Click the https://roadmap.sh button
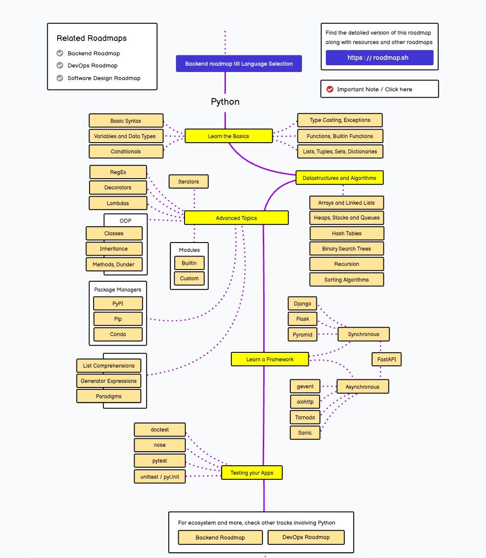(x=379, y=58)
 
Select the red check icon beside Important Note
(x=330, y=89)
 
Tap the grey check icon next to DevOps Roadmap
(x=60, y=65)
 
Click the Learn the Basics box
(x=229, y=136)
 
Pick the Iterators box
(x=189, y=181)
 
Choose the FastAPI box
(x=387, y=359)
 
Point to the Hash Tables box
(x=346, y=233)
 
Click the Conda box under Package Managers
(x=118, y=334)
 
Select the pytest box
(x=160, y=461)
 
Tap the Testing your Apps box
(x=252, y=472)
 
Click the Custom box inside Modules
(x=189, y=279)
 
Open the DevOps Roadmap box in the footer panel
(x=306, y=537)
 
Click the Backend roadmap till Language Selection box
(x=239, y=63)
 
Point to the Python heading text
(x=225, y=102)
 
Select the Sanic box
(x=305, y=432)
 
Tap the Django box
(x=302, y=304)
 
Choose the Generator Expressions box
(x=108, y=381)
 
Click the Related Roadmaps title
(x=92, y=38)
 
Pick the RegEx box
(x=118, y=172)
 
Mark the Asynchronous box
(x=363, y=387)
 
